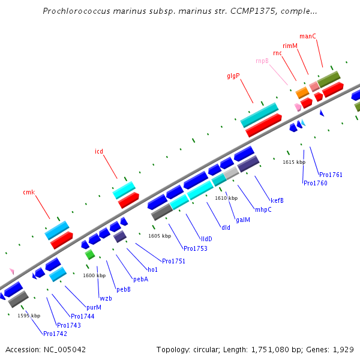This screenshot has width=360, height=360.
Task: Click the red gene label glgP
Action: pyautogui.click(x=233, y=76)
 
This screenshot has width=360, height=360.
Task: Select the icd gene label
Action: pyautogui.click(x=99, y=151)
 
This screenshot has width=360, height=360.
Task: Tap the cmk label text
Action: pyautogui.click(x=29, y=192)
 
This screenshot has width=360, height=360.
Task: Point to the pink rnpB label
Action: pyautogui.click(x=262, y=61)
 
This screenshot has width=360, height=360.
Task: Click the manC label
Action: pyautogui.click(x=307, y=36)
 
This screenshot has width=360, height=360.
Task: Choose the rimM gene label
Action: pyautogui.click(x=290, y=46)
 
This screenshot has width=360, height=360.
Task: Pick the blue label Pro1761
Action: pyautogui.click(x=331, y=175)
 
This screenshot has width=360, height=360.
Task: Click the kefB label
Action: pyautogui.click(x=277, y=200)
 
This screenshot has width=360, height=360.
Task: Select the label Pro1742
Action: pyautogui.click(x=55, y=333)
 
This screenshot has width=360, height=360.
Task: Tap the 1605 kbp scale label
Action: pyautogui.click(x=160, y=236)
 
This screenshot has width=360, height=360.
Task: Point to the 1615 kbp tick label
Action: pyautogui.click(x=294, y=162)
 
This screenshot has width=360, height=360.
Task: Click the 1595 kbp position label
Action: pyautogui.click(x=29, y=316)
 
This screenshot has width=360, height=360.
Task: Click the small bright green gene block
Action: pyautogui.click(x=90, y=254)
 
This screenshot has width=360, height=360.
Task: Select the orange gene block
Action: pyautogui.click(x=302, y=92)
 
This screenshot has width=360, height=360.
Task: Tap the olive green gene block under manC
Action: pyautogui.click(x=329, y=79)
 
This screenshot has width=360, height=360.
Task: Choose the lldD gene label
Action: pyautogui.click(x=206, y=239)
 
